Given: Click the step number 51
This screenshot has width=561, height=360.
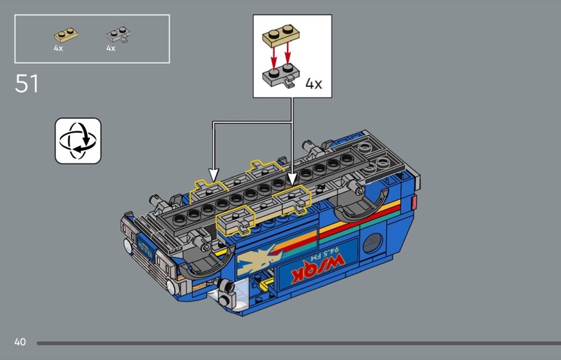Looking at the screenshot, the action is click(27, 84).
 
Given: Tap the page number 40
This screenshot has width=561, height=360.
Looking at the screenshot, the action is click(20, 342).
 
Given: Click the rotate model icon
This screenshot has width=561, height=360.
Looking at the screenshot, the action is click(78, 141).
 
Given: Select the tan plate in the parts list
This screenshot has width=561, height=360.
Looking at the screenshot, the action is click(66, 35).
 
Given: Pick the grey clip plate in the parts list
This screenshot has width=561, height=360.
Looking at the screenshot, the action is click(119, 35).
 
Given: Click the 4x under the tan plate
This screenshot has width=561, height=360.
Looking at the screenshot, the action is click(58, 48).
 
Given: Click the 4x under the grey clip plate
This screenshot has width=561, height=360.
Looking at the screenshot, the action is click(111, 48).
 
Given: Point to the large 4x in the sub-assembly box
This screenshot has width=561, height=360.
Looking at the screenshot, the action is click(313, 84).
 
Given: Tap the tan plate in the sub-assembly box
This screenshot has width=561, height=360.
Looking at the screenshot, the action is click(281, 36).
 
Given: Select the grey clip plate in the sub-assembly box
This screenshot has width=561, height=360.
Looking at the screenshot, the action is click(281, 75).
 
